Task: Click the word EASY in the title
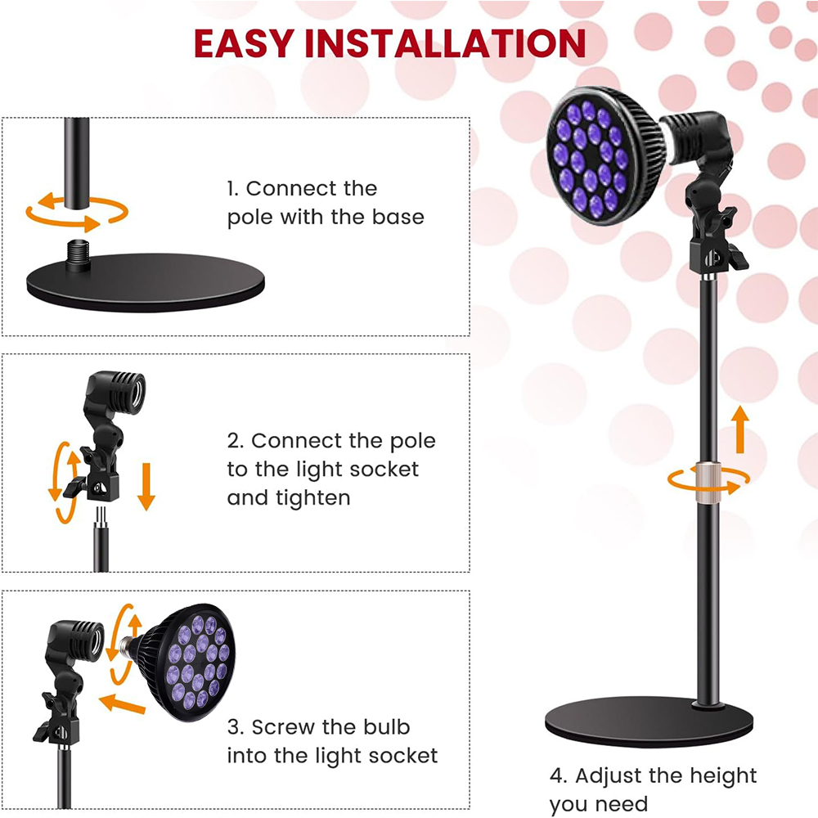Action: tap(244, 43)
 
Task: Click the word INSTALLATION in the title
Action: tap(445, 43)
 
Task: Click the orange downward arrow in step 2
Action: tap(146, 486)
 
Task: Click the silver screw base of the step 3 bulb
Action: tap(125, 647)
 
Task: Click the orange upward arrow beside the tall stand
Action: tap(739, 429)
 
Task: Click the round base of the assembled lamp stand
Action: tap(649, 722)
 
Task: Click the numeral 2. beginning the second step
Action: tap(236, 441)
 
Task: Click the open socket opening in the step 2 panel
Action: tap(137, 391)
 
